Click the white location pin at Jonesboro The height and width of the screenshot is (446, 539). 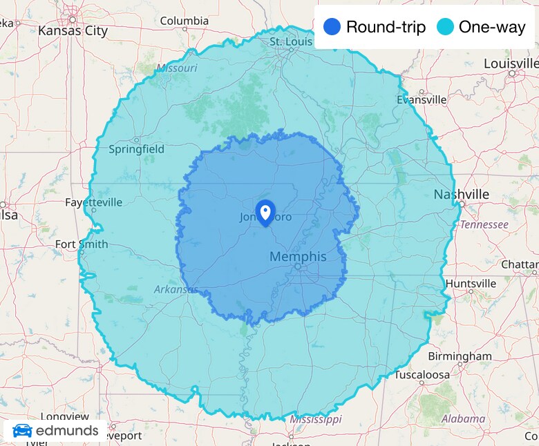(265, 211)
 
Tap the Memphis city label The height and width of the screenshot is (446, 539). (297, 256)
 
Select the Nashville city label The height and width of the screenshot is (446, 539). (461, 194)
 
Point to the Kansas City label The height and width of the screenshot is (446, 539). (73, 30)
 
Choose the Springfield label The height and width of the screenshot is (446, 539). (137, 148)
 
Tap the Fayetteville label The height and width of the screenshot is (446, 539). (93, 202)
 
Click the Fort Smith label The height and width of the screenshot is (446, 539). (82, 244)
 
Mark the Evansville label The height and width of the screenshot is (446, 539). (422, 99)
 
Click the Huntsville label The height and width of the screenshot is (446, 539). (471, 284)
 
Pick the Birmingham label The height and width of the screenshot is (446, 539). (460, 356)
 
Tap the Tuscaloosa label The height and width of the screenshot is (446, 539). (422, 375)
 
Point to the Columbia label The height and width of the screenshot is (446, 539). (184, 21)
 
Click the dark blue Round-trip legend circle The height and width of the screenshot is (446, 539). (332, 27)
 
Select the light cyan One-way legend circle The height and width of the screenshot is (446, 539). (446, 27)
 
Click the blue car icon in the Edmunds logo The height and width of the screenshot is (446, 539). (22, 431)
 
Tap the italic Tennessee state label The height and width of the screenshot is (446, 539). (484, 224)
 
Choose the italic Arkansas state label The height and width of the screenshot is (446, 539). (176, 289)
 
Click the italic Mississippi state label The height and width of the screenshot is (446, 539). (315, 419)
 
